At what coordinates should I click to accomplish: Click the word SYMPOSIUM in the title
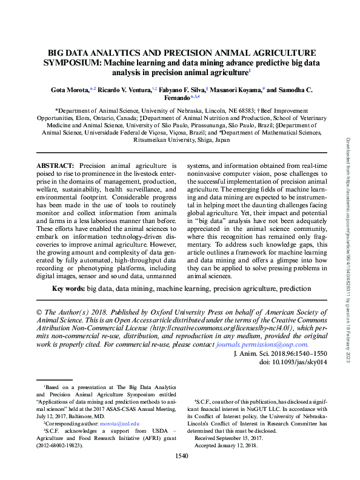click(69, 62)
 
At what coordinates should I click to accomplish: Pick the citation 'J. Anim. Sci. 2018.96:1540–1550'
click(280, 353)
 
